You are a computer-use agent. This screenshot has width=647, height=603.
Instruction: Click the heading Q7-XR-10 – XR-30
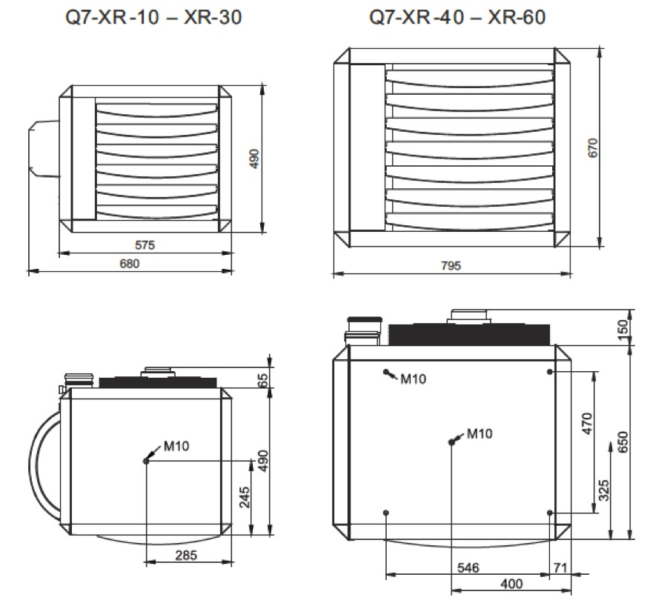pyautogui.click(x=153, y=17)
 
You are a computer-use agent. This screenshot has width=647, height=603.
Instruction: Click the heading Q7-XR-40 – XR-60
pyautogui.click(x=457, y=17)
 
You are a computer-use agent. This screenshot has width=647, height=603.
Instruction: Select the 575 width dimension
pyautogui.click(x=145, y=245)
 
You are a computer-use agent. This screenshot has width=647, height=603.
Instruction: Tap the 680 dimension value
pyautogui.click(x=130, y=264)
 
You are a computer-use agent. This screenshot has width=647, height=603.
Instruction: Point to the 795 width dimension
pyautogui.click(x=451, y=266)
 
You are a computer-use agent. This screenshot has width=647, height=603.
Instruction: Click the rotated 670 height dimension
pyautogui.click(x=593, y=147)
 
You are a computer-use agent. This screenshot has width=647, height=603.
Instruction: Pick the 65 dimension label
pyautogui.click(x=263, y=380)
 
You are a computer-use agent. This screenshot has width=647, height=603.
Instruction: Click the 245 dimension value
pyautogui.click(x=245, y=497)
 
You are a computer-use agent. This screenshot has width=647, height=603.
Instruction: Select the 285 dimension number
pyautogui.click(x=186, y=555)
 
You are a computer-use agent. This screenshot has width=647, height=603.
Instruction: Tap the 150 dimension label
pyautogui.click(x=623, y=329)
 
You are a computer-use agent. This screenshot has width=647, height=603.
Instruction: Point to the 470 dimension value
pyautogui.click(x=587, y=424)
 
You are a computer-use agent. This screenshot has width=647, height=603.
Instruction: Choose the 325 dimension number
pyautogui.click(x=604, y=490)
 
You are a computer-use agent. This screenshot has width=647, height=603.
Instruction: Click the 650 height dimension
pyautogui.click(x=623, y=442)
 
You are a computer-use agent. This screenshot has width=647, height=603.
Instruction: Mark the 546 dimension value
pyautogui.click(x=468, y=568)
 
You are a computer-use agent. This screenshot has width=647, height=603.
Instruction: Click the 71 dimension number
pyautogui.click(x=560, y=568)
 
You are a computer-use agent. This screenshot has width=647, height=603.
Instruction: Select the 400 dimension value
pyautogui.click(x=511, y=584)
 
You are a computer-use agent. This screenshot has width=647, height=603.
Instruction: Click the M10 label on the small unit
pyautogui.click(x=176, y=446)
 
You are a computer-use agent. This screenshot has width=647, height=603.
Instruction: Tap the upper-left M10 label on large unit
pyautogui.click(x=414, y=379)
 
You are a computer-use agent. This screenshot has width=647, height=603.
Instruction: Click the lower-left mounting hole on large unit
pyautogui.click(x=386, y=513)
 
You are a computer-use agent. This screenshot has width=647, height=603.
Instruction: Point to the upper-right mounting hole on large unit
pyautogui.click(x=550, y=372)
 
